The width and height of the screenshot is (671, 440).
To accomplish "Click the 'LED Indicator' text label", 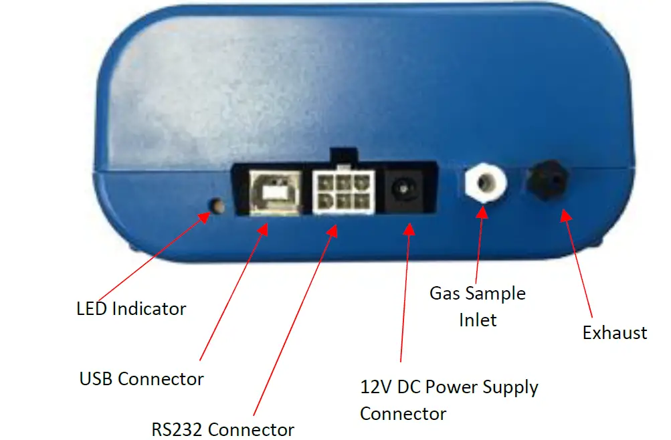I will [x=131, y=309].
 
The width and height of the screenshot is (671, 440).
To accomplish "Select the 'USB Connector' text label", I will [x=141, y=378].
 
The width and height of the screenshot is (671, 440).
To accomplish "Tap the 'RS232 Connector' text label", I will [x=223, y=429].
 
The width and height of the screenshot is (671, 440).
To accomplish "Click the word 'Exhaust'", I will [x=615, y=333].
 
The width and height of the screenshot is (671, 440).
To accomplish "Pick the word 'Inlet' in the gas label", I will [x=478, y=320].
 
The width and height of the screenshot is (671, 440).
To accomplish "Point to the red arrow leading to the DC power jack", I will [x=405, y=294].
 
